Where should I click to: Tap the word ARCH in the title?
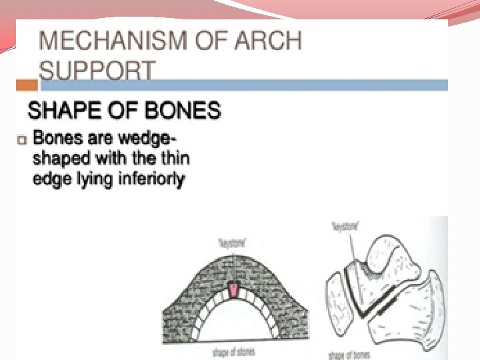[269, 41]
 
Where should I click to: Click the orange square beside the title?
[27, 85]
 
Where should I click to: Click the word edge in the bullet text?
[48, 179]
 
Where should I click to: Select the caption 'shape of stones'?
[234, 351]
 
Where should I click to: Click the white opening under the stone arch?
[235, 327]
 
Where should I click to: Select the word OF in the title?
[219, 41]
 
